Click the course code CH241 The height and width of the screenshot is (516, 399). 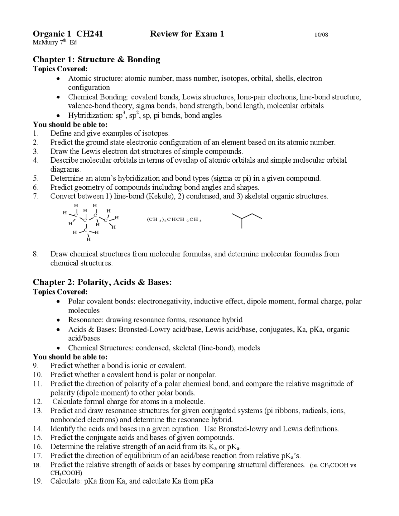(x=89, y=34)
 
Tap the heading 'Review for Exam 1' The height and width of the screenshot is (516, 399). (x=187, y=34)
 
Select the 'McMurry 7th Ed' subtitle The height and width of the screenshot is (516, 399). (x=55, y=42)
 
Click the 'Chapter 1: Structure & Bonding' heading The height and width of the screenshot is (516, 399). (x=96, y=60)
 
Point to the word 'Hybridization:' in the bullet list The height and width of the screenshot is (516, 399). (x=91, y=116)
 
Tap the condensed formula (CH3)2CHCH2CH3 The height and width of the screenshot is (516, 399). (x=174, y=220)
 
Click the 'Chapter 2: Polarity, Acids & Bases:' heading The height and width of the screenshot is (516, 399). (x=102, y=282)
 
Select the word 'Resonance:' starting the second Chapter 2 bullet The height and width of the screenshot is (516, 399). (x=86, y=320)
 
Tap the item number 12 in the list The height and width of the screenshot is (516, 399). (x=37, y=402)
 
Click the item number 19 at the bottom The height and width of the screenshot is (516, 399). (x=37, y=481)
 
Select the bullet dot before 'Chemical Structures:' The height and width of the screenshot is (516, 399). (x=58, y=348)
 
